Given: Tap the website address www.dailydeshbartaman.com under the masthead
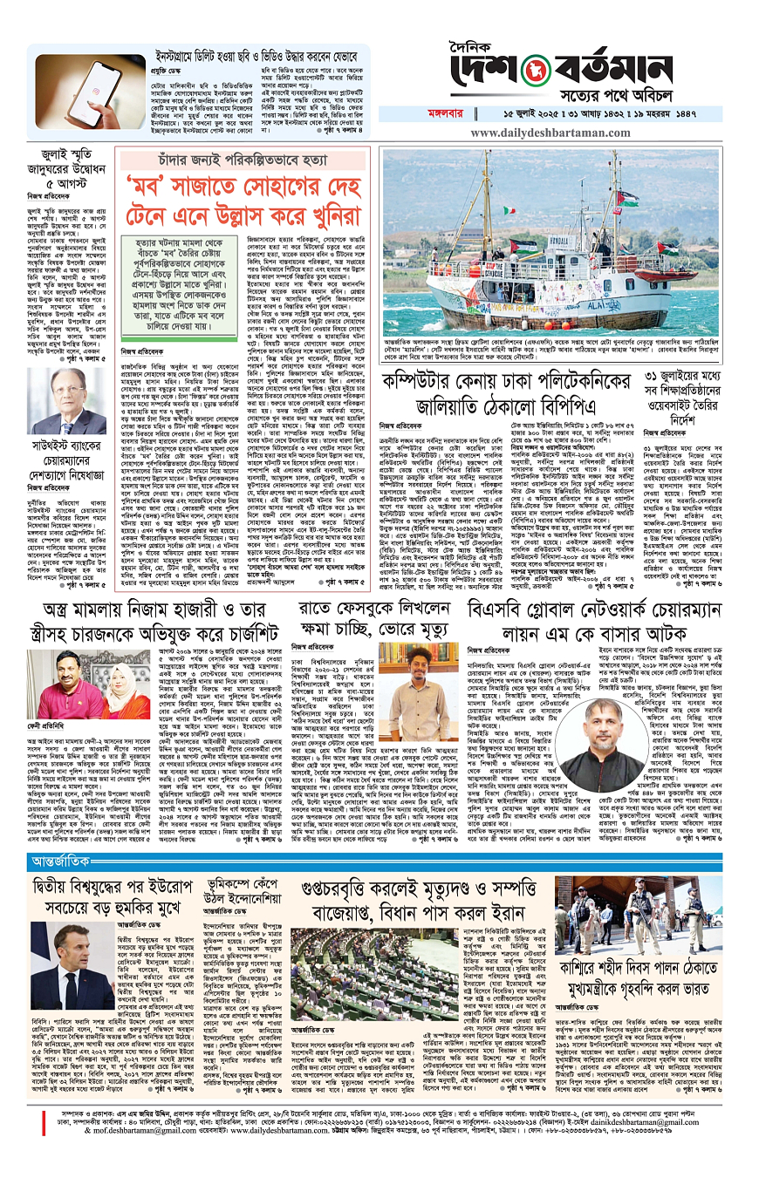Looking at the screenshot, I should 564,133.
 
